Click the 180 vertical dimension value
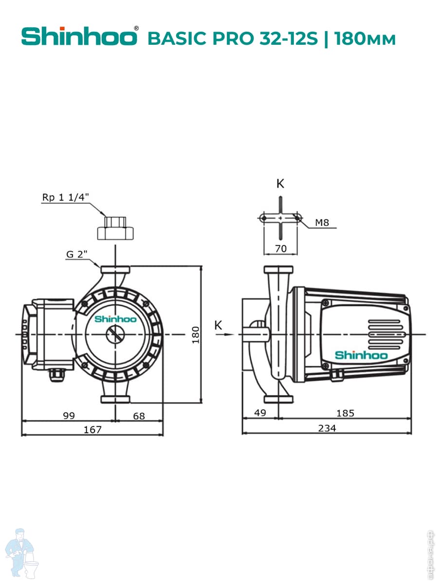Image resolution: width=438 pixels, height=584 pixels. [196, 334]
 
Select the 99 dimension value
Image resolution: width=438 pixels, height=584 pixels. [69, 416]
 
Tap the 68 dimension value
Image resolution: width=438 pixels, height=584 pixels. [139, 416]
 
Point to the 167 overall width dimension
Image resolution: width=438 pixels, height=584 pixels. [92, 429]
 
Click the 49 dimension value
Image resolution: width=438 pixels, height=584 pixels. [260, 413]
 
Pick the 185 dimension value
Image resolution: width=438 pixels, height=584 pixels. [345, 413]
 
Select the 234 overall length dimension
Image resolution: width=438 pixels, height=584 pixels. [327, 428]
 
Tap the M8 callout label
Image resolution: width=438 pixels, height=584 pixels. [322, 223]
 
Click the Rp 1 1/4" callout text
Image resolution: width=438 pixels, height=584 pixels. [66, 197]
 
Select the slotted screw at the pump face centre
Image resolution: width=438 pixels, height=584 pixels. [115, 334]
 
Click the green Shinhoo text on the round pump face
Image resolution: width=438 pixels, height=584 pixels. [115, 319]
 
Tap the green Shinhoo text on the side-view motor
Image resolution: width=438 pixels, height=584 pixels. [361, 355]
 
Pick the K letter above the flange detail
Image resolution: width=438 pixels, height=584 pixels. [280, 183]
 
